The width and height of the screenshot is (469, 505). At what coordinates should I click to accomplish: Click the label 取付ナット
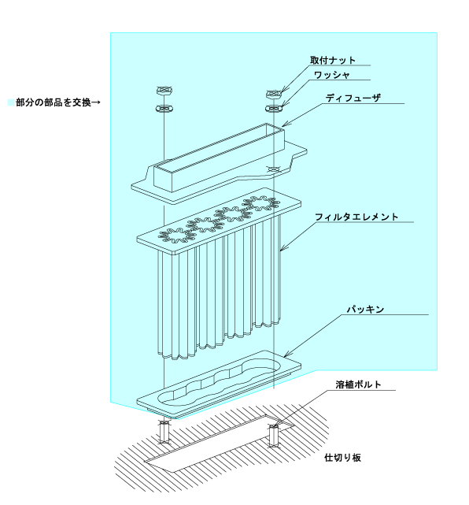333,60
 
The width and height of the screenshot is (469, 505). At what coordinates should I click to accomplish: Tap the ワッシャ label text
331,75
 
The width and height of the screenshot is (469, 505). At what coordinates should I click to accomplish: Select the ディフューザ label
353,98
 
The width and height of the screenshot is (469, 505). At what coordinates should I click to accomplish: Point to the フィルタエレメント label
356,217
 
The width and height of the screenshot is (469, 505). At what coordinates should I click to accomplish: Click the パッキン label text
365,310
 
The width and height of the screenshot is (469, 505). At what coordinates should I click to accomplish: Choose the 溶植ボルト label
358,384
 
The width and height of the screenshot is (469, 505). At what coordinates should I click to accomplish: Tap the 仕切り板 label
342,458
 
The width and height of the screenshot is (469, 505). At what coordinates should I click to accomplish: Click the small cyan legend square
11,102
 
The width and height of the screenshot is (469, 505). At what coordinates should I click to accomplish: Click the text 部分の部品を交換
54,102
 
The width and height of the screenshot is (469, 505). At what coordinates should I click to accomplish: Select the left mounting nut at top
164,90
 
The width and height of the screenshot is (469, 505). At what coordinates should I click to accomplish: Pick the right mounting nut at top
273,94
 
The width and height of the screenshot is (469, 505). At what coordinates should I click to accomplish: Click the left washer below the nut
164,109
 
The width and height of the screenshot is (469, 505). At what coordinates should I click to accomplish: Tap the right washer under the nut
274,108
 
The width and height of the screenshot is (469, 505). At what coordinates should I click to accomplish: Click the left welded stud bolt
164,431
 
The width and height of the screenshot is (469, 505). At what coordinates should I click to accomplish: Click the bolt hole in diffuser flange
273,169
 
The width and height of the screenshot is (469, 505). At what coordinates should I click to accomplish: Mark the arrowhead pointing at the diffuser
284,124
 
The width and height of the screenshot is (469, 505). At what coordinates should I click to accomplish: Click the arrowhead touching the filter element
282,248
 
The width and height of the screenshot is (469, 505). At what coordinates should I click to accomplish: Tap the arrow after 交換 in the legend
96,102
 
